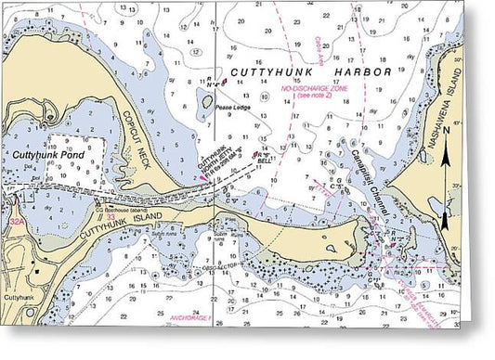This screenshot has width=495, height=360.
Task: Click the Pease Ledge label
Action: (233, 108)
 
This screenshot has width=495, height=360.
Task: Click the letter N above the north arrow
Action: (446, 131)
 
